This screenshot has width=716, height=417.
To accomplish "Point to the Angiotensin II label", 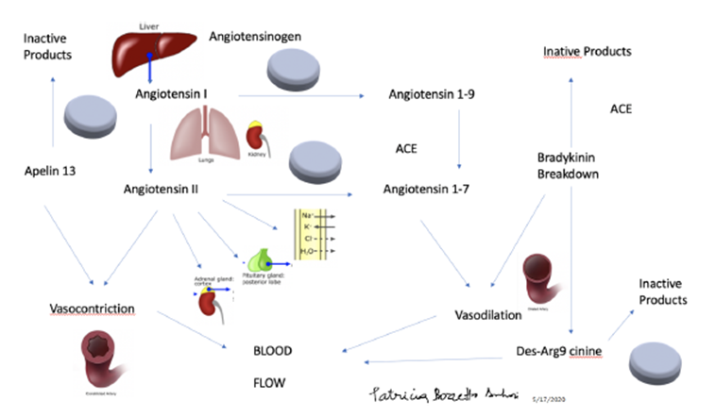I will coord(173,189).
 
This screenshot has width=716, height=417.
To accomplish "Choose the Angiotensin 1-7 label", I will coord(427,189).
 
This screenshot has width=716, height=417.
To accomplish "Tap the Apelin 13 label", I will coord(50,173).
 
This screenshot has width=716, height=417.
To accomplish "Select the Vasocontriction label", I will coord(92,309).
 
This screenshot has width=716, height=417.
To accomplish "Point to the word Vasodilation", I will coord(488,313).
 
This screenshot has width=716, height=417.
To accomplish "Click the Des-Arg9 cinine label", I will coord(560,351).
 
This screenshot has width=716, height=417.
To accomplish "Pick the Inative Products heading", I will coord(587,50).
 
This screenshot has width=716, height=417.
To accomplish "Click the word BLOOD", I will coord(272,351).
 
